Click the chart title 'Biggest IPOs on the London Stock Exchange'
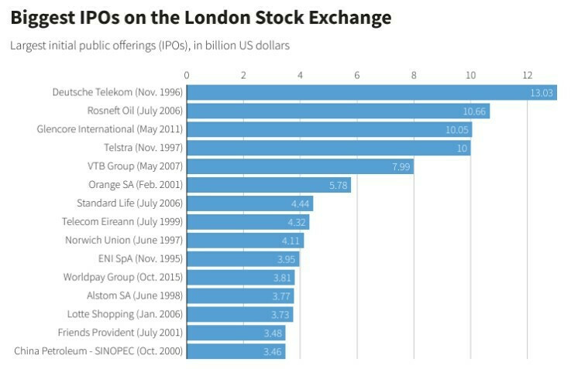tap(201, 17)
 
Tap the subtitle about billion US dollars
tap(150, 46)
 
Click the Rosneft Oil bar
tap(338, 111)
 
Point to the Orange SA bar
tap(268, 185)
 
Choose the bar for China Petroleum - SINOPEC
tap(236, 351)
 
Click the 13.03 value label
tap(541, 93)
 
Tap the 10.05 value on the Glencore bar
tap(457, 130)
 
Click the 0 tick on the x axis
tap(187, 75)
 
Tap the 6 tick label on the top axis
tap(357, 75)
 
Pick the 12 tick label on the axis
tap(528, 75)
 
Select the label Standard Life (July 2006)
tap(129, 203)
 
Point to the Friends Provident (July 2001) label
tap(120, 333)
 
